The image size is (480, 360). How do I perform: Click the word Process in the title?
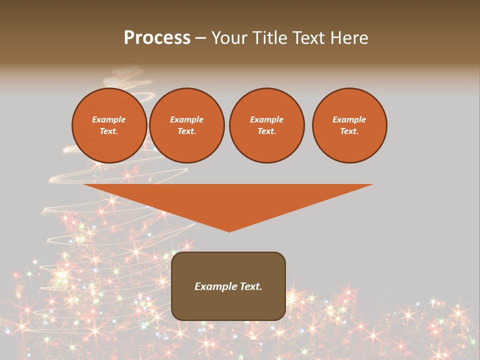click(x=157, y=38)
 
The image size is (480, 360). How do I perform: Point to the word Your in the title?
click(x=229, y=38)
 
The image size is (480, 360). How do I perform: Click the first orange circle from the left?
click(x=109, y=125)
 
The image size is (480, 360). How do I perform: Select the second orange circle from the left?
click(x=187, y=125)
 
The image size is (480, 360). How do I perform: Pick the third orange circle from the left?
click(x=266, y=125)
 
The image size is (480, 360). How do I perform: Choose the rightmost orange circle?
click(x=349, y=125)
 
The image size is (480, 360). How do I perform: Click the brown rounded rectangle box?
click(x=228, y=305)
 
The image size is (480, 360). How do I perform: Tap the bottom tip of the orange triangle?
click(x=229, y=231)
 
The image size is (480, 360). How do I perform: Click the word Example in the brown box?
click(x=215, y=286)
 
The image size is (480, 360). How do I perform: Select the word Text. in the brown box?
click(x=250, y=286)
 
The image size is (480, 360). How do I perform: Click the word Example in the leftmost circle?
click(x=109, y=119)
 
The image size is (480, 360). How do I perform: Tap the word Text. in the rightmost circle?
click(x=349, y=131)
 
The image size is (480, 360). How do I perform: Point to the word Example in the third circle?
click(x=266, y=119)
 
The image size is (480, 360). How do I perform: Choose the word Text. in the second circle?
click(x=187, y=131)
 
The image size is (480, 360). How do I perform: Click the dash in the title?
click(x=200, y=38)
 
